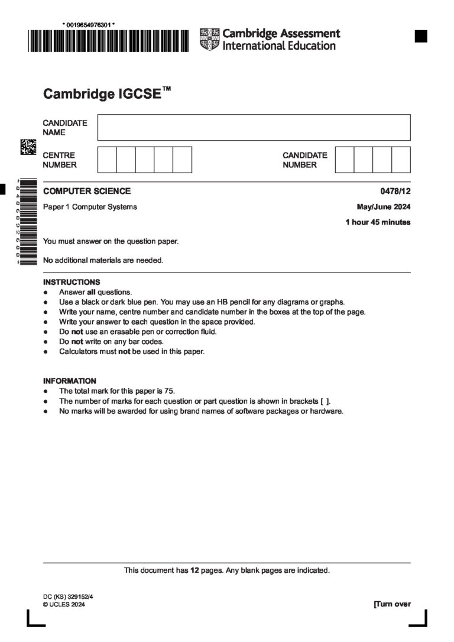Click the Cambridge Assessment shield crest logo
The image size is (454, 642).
(x=209, y=39)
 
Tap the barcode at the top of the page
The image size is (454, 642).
(x=108, y=41)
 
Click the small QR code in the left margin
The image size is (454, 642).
(x=28, y=147)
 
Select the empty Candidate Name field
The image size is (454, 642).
(x=254, y=127)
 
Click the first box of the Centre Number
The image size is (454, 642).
(x=107, y=160)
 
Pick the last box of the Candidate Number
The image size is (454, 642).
(x=401, y=160)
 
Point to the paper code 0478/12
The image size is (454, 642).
(x=395, y=191)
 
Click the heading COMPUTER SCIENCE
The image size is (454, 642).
(x=87, y=191)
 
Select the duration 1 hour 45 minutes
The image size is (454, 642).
(x=378, y=222)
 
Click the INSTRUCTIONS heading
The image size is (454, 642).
(x=72, y=282)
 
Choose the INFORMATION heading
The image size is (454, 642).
(x=70, y=381)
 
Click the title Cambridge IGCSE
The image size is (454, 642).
(x=102, y=94)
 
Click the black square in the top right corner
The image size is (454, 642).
(x=421, y=36)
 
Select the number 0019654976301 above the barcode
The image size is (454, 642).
(x=89, y=24)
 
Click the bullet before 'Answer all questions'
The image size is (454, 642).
(x=46, y=292)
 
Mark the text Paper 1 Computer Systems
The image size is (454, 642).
(x=90, y=207)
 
